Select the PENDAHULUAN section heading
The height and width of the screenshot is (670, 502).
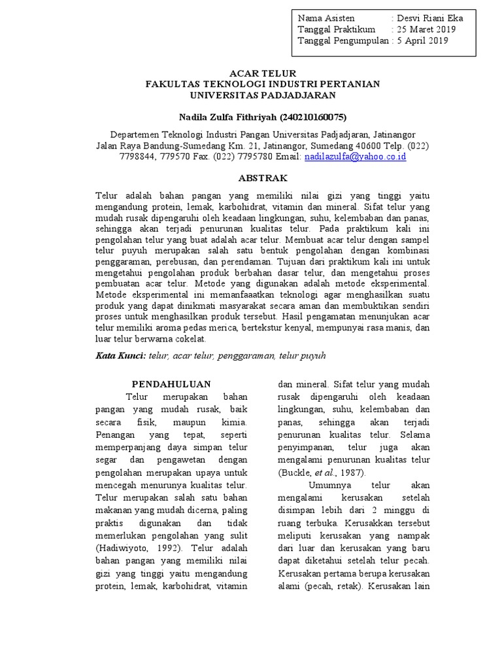point(171,383)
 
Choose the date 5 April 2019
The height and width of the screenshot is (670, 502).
point(422,41)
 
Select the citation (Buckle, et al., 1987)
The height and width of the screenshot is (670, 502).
point(322,472)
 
